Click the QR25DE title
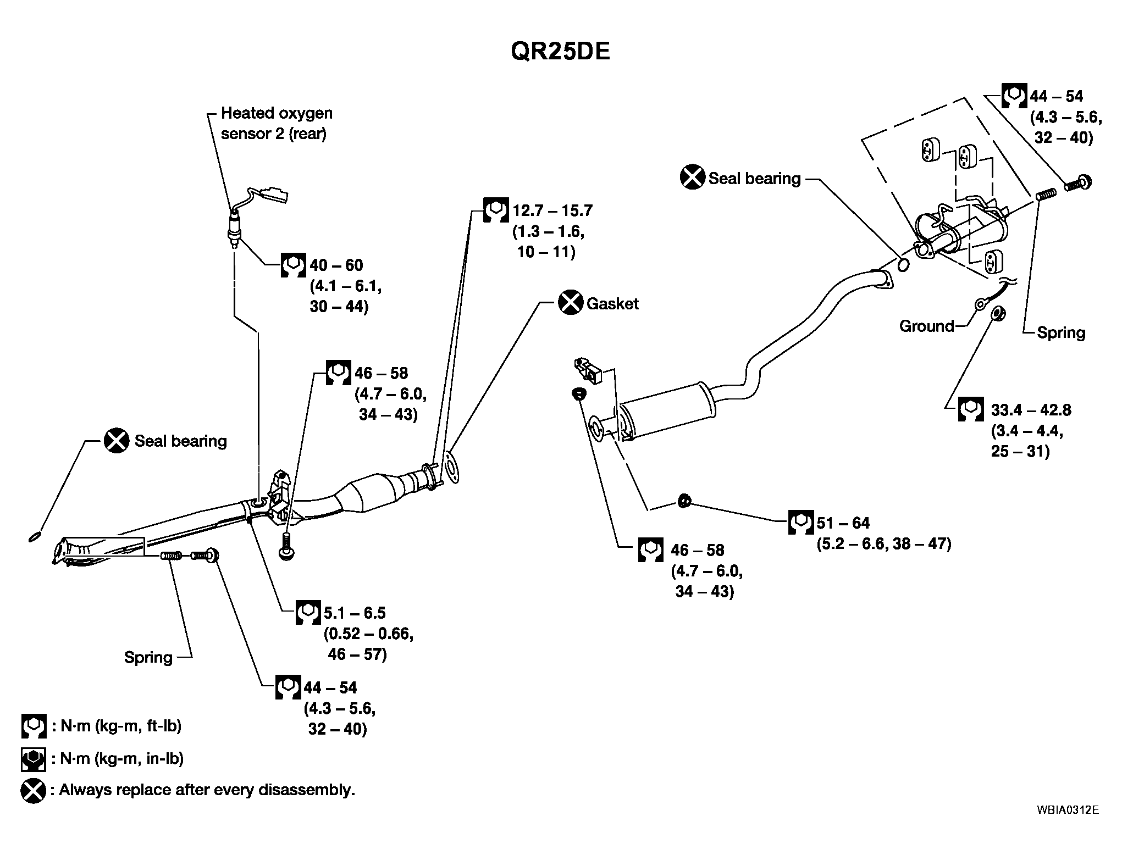pos(560,52)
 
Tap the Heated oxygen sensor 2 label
pos(277,123)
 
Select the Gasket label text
pos(612,304)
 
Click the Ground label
pos(927,326)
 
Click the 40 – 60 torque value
pos(336,265)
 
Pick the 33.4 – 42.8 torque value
pos(1031,410)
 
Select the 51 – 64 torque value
pos(843,523)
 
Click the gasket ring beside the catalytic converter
pos(451,468)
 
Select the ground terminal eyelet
pos(980,304)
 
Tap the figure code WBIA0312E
pos(1068,825)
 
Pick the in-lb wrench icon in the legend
pos(33,759)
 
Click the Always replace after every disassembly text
pos(207,790)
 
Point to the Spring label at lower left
pos(148,658)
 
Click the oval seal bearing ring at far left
pos(35,536)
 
